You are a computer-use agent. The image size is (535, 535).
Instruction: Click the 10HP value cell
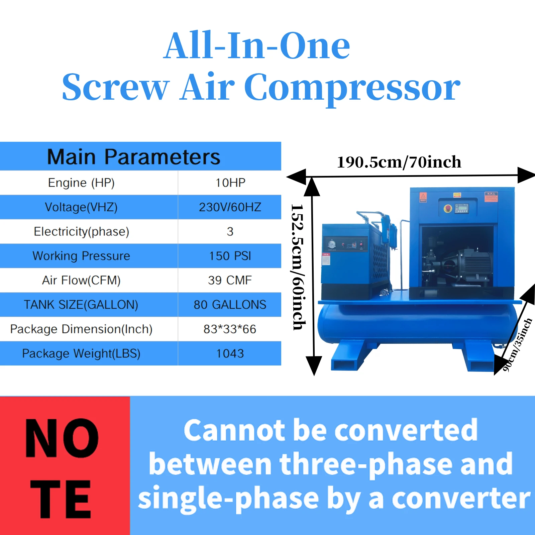230,183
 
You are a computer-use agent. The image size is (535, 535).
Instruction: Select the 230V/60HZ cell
230,207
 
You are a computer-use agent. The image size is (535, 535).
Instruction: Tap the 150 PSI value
230,256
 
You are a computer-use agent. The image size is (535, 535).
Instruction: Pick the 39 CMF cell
230,280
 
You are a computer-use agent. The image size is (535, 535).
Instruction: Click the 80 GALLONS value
230,305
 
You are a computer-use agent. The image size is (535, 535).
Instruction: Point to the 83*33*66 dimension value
230,329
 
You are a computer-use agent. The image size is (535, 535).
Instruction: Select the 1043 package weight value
230,353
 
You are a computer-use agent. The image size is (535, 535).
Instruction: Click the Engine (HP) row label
81,183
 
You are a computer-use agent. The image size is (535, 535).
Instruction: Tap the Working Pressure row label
81,256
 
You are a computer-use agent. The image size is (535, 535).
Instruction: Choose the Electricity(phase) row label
81,231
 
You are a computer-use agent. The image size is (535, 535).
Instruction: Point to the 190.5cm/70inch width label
399,162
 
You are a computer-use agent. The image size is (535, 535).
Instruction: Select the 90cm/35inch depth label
517,345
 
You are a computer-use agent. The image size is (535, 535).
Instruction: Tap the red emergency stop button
448,209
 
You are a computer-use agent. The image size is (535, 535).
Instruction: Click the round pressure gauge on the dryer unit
332,244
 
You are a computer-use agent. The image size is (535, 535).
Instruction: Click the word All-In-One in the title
257,45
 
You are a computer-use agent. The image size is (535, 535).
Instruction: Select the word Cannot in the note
234,430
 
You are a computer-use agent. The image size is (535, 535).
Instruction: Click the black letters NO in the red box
62,438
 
